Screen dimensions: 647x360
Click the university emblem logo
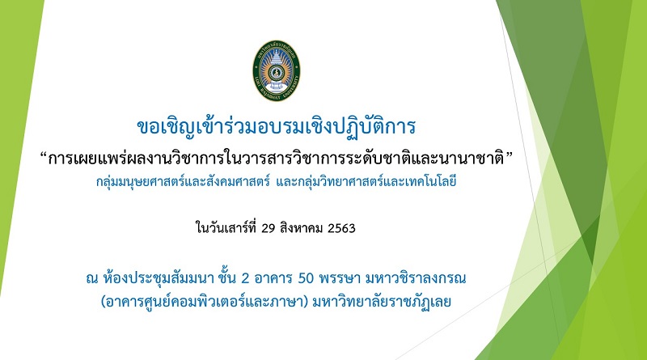coord(277,70)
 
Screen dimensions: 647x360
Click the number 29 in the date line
coord(269,228)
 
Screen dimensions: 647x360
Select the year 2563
coord(341,228)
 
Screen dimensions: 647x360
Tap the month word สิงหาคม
coord(301,228)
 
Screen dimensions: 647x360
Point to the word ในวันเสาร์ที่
coord(226,227)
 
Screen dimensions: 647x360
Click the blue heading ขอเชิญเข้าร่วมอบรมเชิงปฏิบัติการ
coord(276,127)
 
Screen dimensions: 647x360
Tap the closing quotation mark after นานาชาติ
coord(509,155)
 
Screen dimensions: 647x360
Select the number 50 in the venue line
coord(307,278)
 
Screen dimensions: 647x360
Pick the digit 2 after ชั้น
coord(245,278)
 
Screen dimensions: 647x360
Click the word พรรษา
coord(340,278)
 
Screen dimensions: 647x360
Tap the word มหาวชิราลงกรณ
coord(416,278)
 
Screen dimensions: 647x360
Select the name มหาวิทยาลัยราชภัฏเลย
coord(382,302)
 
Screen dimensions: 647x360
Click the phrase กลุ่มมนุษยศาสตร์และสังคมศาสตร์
coord(184,182)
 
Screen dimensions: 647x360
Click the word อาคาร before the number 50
coord(273,278)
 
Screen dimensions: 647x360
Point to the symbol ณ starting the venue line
coord(92,279)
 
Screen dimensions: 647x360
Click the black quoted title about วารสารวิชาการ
coord(276,157)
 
